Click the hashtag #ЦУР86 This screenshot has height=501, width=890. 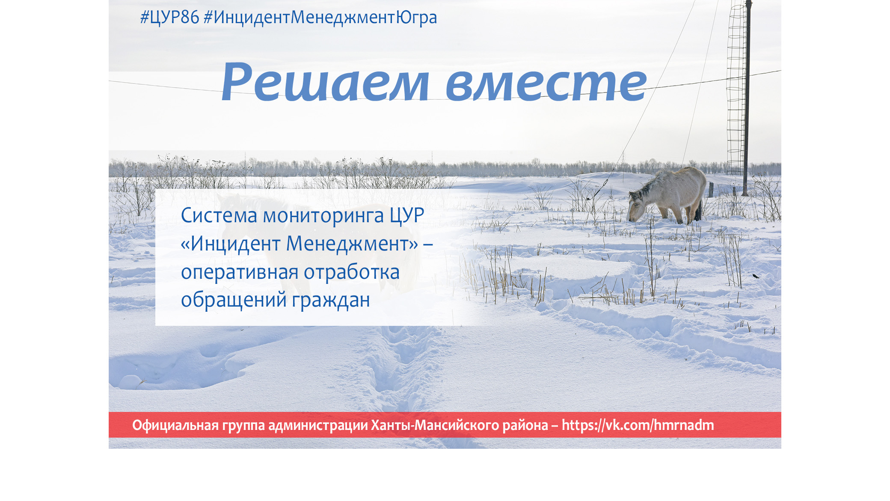[x=170, y=18]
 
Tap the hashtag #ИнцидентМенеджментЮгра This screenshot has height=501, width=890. [x=320, y=18]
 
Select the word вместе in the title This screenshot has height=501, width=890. [x=546, y=84]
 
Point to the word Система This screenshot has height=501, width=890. [x=219, y=215]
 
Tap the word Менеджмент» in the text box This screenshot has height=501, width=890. [x=352, y=244]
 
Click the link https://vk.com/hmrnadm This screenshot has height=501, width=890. [x=638, y=425]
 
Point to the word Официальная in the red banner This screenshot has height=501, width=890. [x=175, y=425]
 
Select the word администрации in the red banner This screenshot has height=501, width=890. [x=318, y=425]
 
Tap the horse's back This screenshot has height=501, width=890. [x=680, y=173]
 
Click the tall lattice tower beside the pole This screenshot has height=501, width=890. [x=736, y=88]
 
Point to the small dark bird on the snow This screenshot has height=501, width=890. [x=756, y=276]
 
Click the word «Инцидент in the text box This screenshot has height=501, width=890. [x=231, y=244]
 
